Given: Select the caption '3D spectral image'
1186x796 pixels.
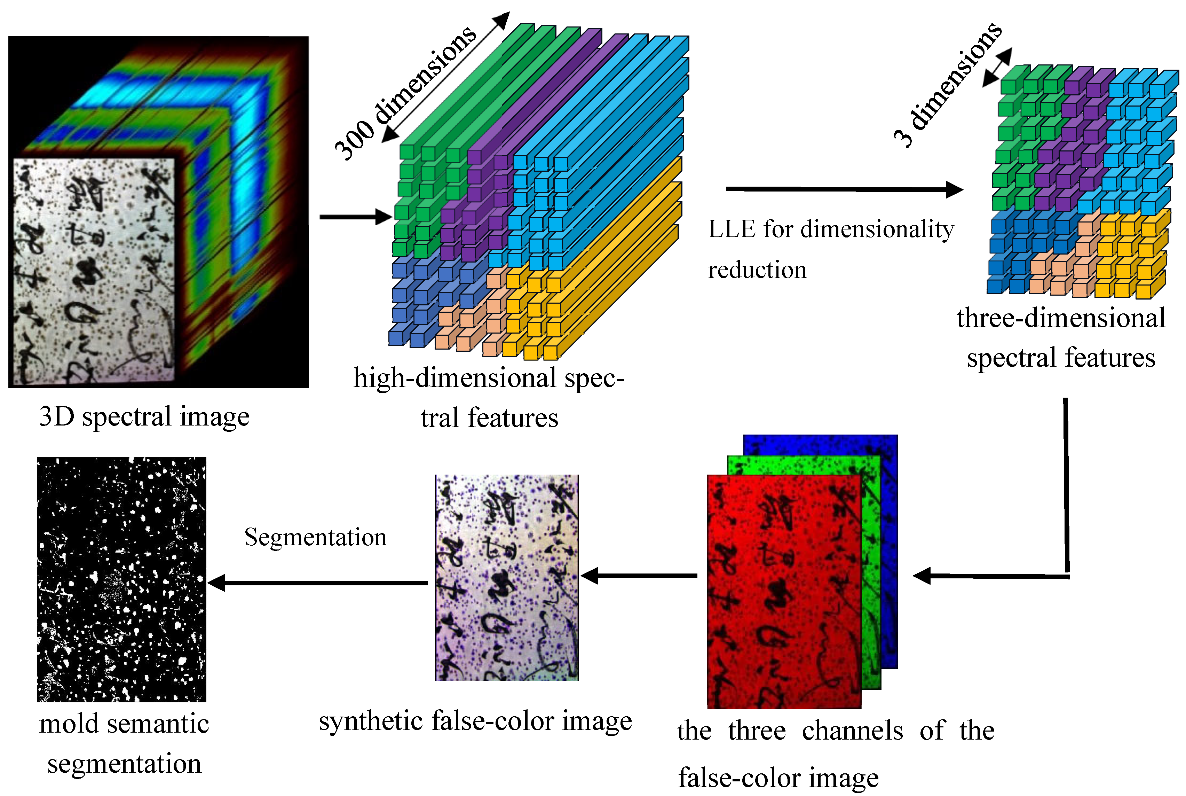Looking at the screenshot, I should coord(144,417).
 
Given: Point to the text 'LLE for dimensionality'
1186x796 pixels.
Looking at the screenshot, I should coord(831,229).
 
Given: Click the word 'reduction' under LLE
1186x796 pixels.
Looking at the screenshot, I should coord(757,270).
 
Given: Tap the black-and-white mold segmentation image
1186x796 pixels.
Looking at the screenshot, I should coord(122,579).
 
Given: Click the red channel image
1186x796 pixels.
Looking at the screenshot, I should coord(784,591).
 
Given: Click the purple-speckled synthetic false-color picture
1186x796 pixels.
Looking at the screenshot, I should coord(506,578).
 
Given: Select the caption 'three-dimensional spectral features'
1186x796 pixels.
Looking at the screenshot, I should coord(1061,338).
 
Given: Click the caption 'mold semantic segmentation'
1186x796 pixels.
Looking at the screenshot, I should coord(124,744).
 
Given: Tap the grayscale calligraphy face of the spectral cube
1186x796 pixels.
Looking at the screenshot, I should coord(94,272).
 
